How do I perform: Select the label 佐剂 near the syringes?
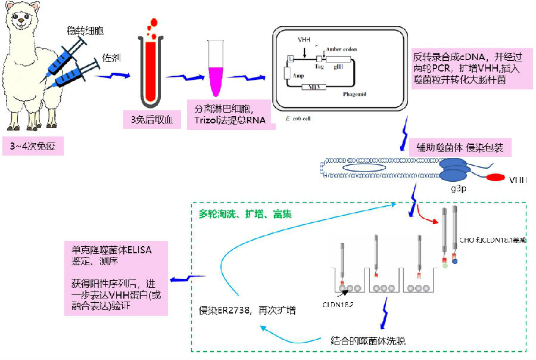click(111, 58)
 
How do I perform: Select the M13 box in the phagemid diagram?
click(313, 88)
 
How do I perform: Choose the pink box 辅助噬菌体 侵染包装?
click(456, 147)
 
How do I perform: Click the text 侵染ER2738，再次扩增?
click(247, 311)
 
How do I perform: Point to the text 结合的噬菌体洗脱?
click(368, 341)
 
